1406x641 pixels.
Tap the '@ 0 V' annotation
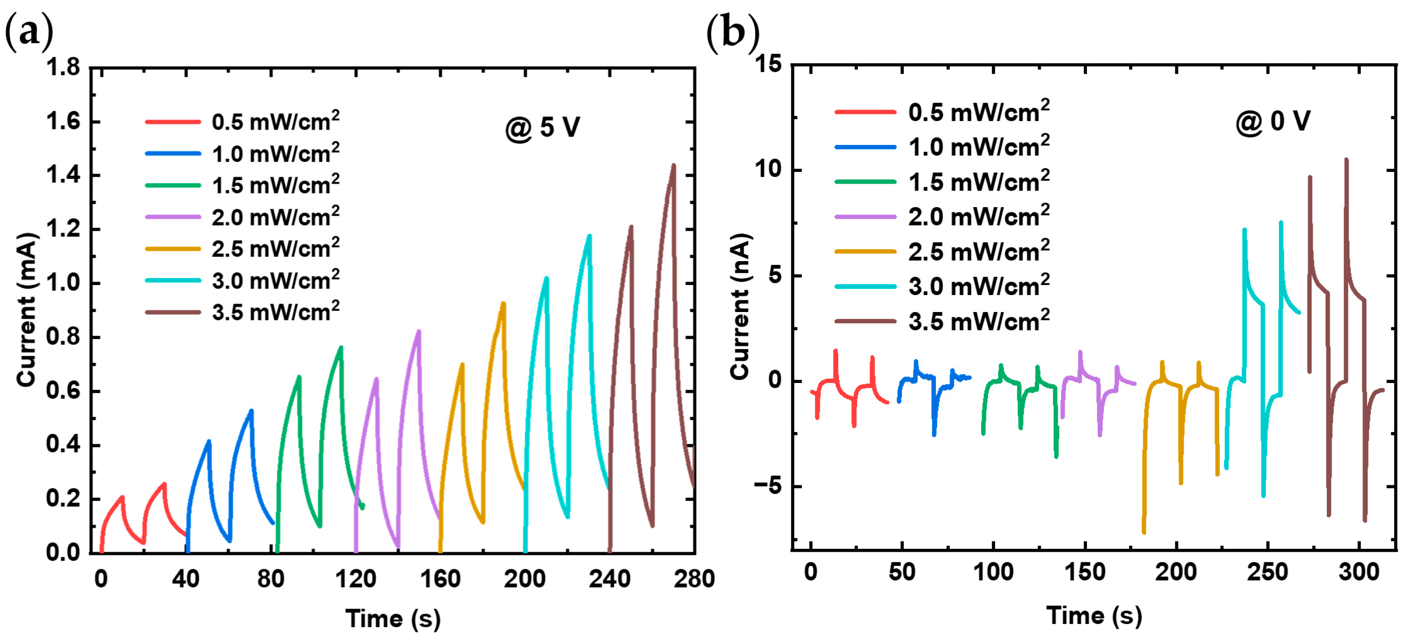pyautogui.click(x=1272, y=121)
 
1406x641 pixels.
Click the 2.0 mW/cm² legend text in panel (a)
pyautogui.click(x=275, y=217)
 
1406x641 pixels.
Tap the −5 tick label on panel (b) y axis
pyautogui.click(x=768, y=486)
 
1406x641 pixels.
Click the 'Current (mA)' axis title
pyautogui.click(x=26, y=310)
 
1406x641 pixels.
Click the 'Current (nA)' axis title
pyautogui.click(x=740, y=307)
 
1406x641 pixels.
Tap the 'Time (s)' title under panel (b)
pyautogui.click(x=1094, y=615)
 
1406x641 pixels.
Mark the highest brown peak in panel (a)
pyautogui.click(x=673, y=165)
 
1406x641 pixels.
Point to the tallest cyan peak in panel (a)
pyautogui.click(x=589, y=236)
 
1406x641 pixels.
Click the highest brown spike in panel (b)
pyautogui.click(x=1346, y=160)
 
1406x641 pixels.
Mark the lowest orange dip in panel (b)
pyautogui.click(x=1144, y=532)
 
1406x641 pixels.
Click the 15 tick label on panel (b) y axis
pyautogui.click(x=768, y=64)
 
